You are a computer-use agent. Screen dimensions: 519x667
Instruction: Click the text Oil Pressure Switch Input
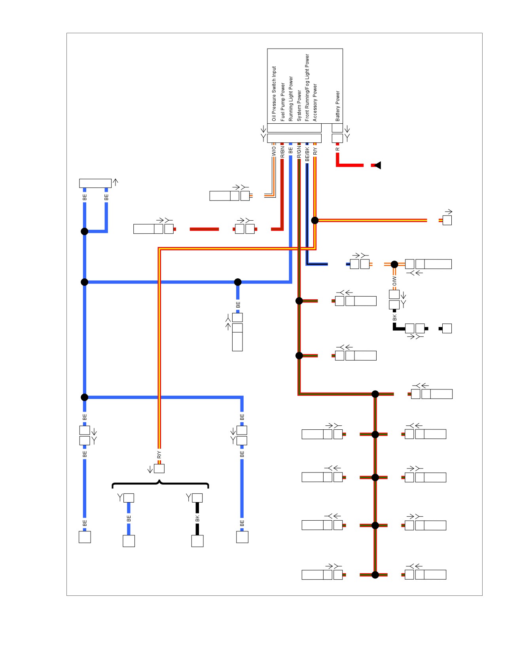point(274,94)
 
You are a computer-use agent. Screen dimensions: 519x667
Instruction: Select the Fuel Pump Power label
point(282,102)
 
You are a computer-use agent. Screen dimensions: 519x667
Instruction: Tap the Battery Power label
point(337,106)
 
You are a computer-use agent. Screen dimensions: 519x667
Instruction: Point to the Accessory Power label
point(315,102)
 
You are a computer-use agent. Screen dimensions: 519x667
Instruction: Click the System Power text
point(299,106)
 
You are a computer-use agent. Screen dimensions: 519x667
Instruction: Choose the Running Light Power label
point(291,98)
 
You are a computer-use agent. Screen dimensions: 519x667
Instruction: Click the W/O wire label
point(274,151)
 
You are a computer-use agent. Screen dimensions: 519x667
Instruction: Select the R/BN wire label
point(282,152)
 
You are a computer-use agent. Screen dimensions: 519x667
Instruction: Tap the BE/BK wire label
point(307,153)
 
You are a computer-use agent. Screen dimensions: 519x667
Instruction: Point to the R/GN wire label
point(299,152)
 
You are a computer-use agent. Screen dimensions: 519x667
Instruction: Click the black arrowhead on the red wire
point(377,165)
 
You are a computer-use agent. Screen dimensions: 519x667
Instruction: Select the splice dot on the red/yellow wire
point(315,220)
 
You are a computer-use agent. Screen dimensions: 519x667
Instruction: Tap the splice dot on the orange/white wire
point(394,264)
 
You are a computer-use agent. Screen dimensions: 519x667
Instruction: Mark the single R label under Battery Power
point(337,149)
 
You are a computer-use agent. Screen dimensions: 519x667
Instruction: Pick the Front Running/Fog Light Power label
point(307,87)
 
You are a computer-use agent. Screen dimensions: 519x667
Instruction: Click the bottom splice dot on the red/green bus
point(375,575)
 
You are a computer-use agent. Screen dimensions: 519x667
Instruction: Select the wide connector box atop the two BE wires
point(95,183)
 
